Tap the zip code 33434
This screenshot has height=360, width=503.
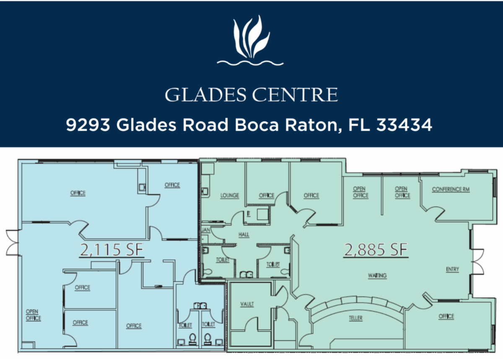[x=404, y=125]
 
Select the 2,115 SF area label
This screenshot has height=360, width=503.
[x=111, y=250]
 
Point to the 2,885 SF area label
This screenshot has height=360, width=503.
[x=376, y=250]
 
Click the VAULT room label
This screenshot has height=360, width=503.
[x=247, y=304]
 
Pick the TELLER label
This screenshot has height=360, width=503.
[x=356, y=318]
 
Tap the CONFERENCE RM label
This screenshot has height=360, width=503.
[x=451, y=189]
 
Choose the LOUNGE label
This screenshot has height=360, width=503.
[x=230, y=195]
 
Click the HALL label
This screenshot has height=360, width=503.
[x=244, y=235]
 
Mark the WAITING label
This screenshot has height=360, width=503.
[x=377, y=276]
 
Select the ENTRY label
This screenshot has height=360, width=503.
[x=452, y=269]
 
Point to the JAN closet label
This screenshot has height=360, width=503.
[x=206, y=230]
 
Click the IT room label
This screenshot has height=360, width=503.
[x=248, y=214]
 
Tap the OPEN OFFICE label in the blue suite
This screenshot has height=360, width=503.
[x=33, y=315]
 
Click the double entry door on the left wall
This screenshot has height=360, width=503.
[x=12, y=243]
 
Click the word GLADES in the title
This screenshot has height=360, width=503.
[x=206, y=95]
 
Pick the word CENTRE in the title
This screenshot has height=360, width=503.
[x=295, y=95]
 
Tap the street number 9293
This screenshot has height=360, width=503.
[x=88, y=125]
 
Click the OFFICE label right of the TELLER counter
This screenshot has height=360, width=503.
[x=446, y=316]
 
